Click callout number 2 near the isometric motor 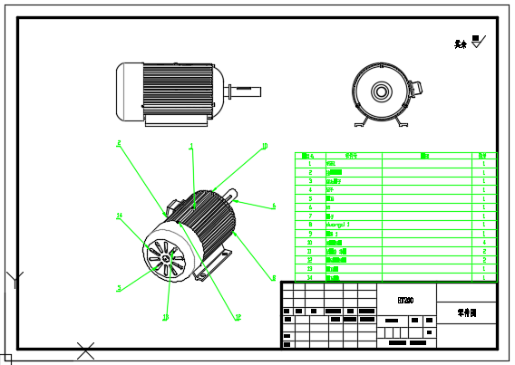[x=118, y=143]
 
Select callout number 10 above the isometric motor [x=264, y=146]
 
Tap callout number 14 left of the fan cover [x=119, y=216]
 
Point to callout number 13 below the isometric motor [x=165, y=317]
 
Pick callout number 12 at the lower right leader [x=238, y=317]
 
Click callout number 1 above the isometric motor [x=190, y=145]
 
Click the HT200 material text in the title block [x=405, y=300]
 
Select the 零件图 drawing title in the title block [x=466, y=313]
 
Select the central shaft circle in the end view [x=379, y=91]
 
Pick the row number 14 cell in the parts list [x=310, y=276]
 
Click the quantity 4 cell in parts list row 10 [x=485, y=243]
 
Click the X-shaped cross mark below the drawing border [x=86, y=350]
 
